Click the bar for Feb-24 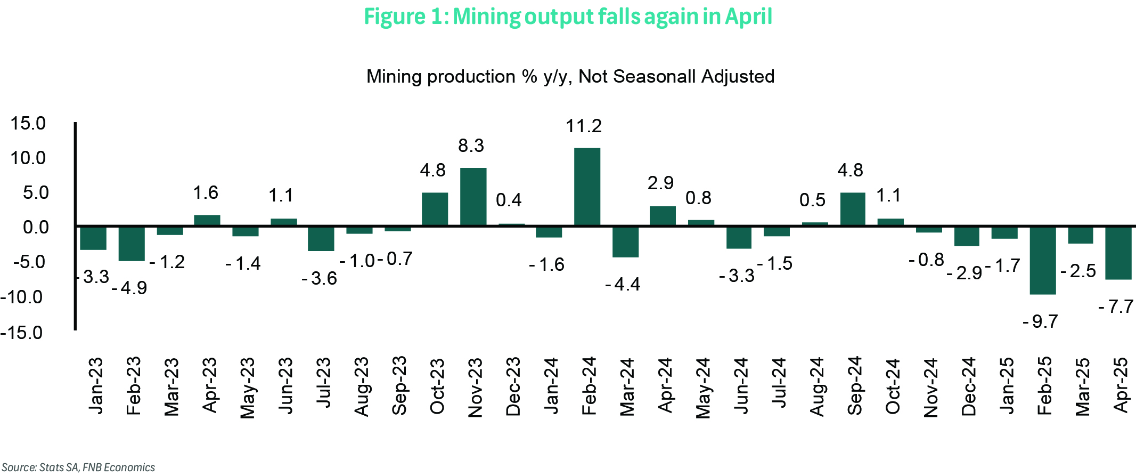pyautogui.click(x=587, y=187)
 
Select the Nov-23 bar pyautogui.click(x=473, y=197)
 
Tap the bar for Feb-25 pyautogui.click(x=1043, y=260)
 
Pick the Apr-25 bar pyautogui.click(x=1118, y=253)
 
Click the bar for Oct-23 pyautogui.click(x=435, y=209)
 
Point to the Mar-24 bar pyautogui.click(x=625, y=241)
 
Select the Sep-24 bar pyautogui.click(x=853, y=209)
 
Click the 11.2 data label pyautogui.click(x=584, y=126)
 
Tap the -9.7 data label pyautogui.click(x=1041, y=322)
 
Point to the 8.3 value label pyautogui.click(x=471, y=146)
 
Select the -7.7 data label pyautogui.click(x=1116, y=307)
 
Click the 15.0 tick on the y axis pyautogui.click(x=28, y=124)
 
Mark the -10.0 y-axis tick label pyautogui.click(x=22, y=297)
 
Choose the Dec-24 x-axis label pyautogui.click(x=969, y=386)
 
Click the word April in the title pyautogui.click(x=748, y=17)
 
